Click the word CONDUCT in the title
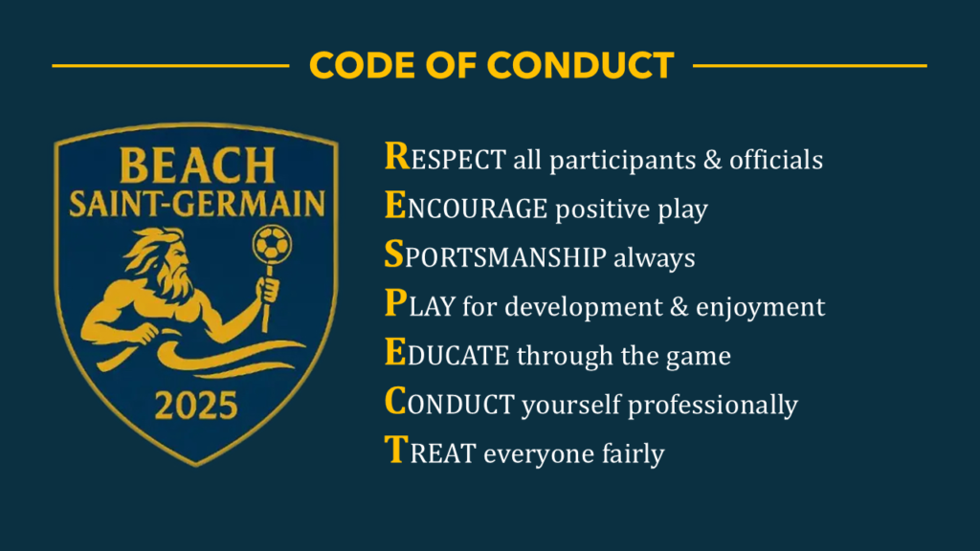pos(581,65)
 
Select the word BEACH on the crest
pos(197,166)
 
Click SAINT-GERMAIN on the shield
pos(197,204)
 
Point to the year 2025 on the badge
pos(196,406)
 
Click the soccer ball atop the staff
pos(272,243)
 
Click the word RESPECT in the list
pos(445,158)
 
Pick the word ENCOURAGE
pos(466,207)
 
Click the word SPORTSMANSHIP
pos(495,255)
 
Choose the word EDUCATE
pos(446,354)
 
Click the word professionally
pos(712,405)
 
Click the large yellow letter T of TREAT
pos(396,450)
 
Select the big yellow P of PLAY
pos(395,303)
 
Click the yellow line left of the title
pos(170,65)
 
